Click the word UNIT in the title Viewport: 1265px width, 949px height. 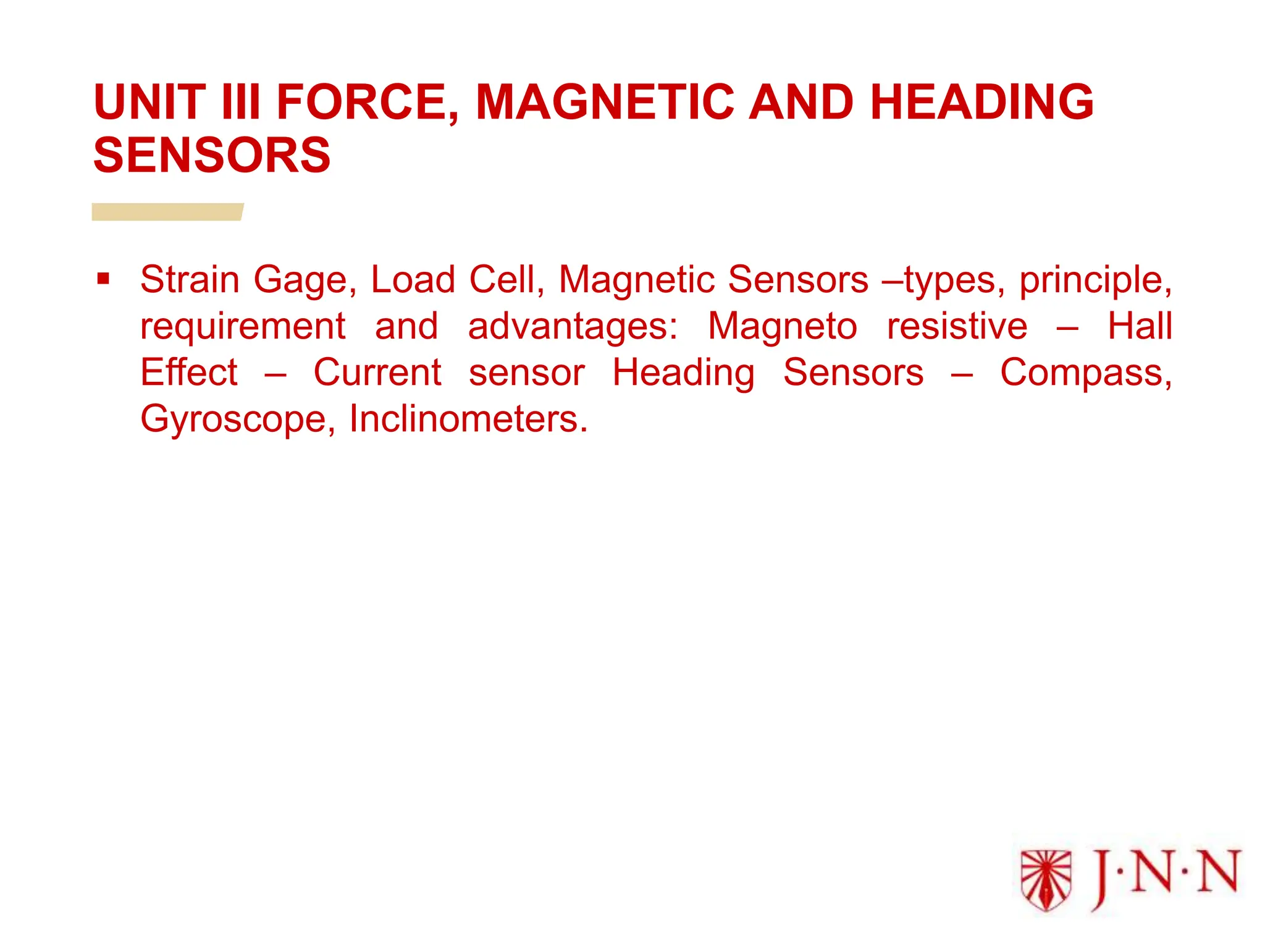pos(149,102)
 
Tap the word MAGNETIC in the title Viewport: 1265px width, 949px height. pos(605,102)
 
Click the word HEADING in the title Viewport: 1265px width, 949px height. pos(981,102)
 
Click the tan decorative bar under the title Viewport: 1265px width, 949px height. pos(167,212)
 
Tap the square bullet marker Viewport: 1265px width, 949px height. pos(103,279)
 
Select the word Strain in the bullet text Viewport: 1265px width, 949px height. pos(190,279)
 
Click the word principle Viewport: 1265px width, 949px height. pos(1095,280)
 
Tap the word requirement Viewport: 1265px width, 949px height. pos(243,327)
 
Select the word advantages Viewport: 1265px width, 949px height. pos(572,327)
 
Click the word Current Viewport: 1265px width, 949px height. pos(377,373)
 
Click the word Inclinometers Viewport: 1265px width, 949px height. pos(468,419)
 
